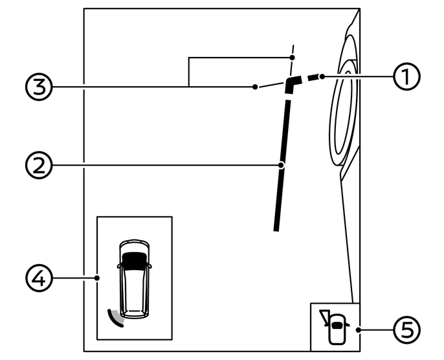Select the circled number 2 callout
coord(38,165)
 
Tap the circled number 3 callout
coord(38,86)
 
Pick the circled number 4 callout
coord(38,278)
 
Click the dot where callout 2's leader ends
coord(282,165)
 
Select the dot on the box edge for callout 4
coord(97,278)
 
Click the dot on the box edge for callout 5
coord(359,330)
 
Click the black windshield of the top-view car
coord(134,260)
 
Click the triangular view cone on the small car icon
coord(323,316)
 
